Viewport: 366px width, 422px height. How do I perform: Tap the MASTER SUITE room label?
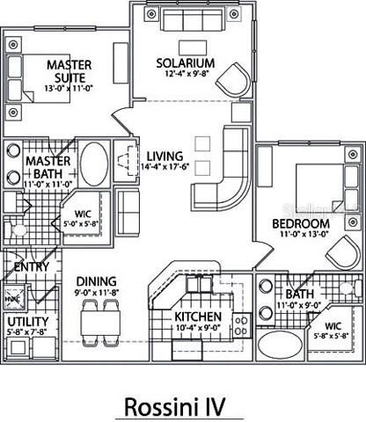[x=70, y=71]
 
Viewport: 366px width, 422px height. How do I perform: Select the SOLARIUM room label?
[x=185, y=64]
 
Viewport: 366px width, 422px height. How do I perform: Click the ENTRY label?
[x=31, y=266]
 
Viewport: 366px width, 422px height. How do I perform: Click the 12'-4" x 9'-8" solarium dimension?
[x=186, y=76]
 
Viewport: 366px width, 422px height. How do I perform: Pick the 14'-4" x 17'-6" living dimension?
[x=165, y=163]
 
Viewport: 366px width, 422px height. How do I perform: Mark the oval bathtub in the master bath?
[x=94, y=164]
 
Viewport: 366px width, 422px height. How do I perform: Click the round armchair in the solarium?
[x=231, y=78]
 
